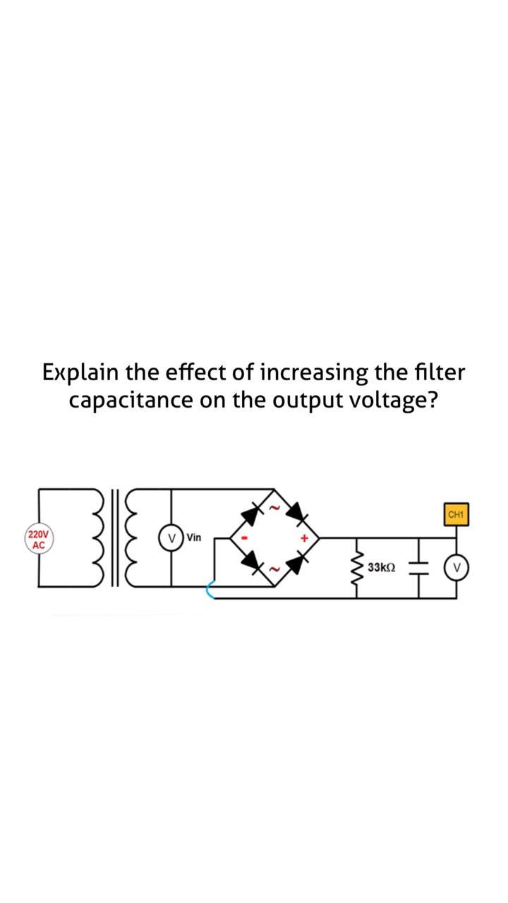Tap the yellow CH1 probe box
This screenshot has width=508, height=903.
tap(456, 514)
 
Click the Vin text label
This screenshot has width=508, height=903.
tap(193, 538)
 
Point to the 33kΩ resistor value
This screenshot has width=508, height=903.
tap(382, 567)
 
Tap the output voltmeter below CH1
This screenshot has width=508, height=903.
tap(456, 566)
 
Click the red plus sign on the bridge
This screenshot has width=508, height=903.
tap(305, 538)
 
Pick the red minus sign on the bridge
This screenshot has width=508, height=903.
tap(246, 538)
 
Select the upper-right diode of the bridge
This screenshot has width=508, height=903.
tap(296, 512)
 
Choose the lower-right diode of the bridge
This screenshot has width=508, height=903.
tap(297, 562)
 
